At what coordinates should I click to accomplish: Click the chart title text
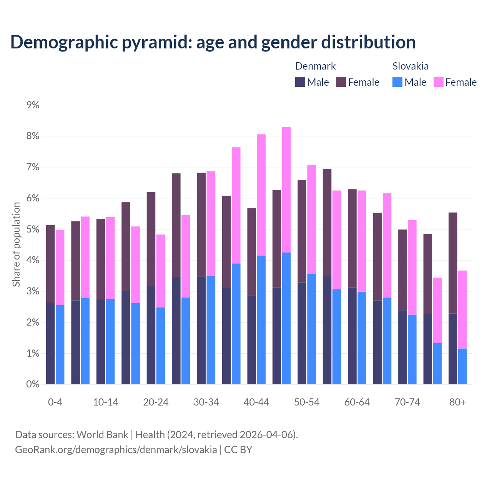(213, 42)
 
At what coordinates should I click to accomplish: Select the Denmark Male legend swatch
(300, 82)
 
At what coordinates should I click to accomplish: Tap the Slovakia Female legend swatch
(438, 82)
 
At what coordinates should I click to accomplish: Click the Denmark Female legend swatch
(341, 82)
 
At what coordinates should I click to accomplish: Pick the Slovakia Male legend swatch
(397, 82)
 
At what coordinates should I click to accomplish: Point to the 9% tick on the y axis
(33, 105)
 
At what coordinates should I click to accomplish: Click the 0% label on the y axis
(33, 384)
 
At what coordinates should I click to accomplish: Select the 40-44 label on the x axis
(256, 402)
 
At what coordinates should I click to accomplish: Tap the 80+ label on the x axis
(457, 402)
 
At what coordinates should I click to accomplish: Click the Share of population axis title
(17, 244)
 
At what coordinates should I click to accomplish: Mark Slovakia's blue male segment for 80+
(462, 366)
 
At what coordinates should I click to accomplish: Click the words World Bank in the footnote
(102, 435)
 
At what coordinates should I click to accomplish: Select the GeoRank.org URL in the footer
(116, 450)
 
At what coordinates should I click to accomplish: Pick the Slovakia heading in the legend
(411, 66)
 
